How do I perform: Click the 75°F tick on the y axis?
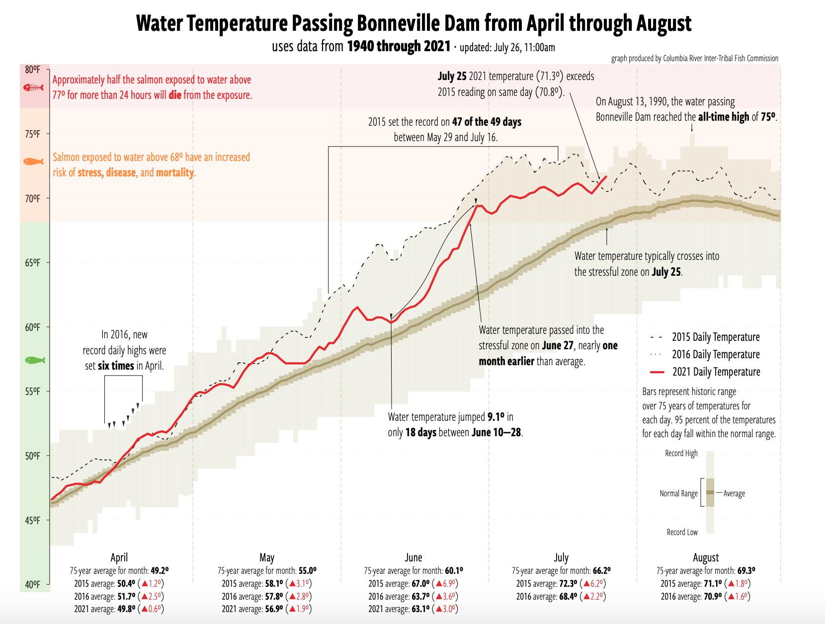point(33,134)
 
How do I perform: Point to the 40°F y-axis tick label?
point(33,585)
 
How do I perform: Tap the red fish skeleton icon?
point(33,87)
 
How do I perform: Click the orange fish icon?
point(33,161)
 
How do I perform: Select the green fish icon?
point(35,360)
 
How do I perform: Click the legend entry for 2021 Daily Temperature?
point(716,372)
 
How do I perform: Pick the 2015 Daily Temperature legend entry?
point(716,337)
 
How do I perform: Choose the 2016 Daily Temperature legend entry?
point(716,354)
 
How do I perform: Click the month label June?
point(413,557)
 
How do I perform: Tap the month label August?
point(706,557)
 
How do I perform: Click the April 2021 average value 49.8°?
point(127,609)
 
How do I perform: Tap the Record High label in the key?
point(681,453)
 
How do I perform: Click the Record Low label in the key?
point(682,532)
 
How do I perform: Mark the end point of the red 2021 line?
point(606,176)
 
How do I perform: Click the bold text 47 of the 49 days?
point(487,122)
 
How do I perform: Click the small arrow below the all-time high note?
point(692,128)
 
